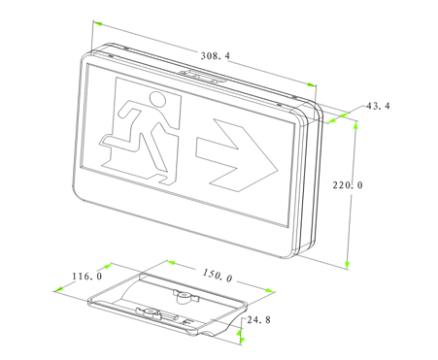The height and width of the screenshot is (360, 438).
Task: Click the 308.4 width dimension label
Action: (x=215, y=57)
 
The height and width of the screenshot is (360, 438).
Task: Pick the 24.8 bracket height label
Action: (x=259, y=319)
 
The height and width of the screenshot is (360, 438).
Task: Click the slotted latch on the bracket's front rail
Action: (x=150, y=313)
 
